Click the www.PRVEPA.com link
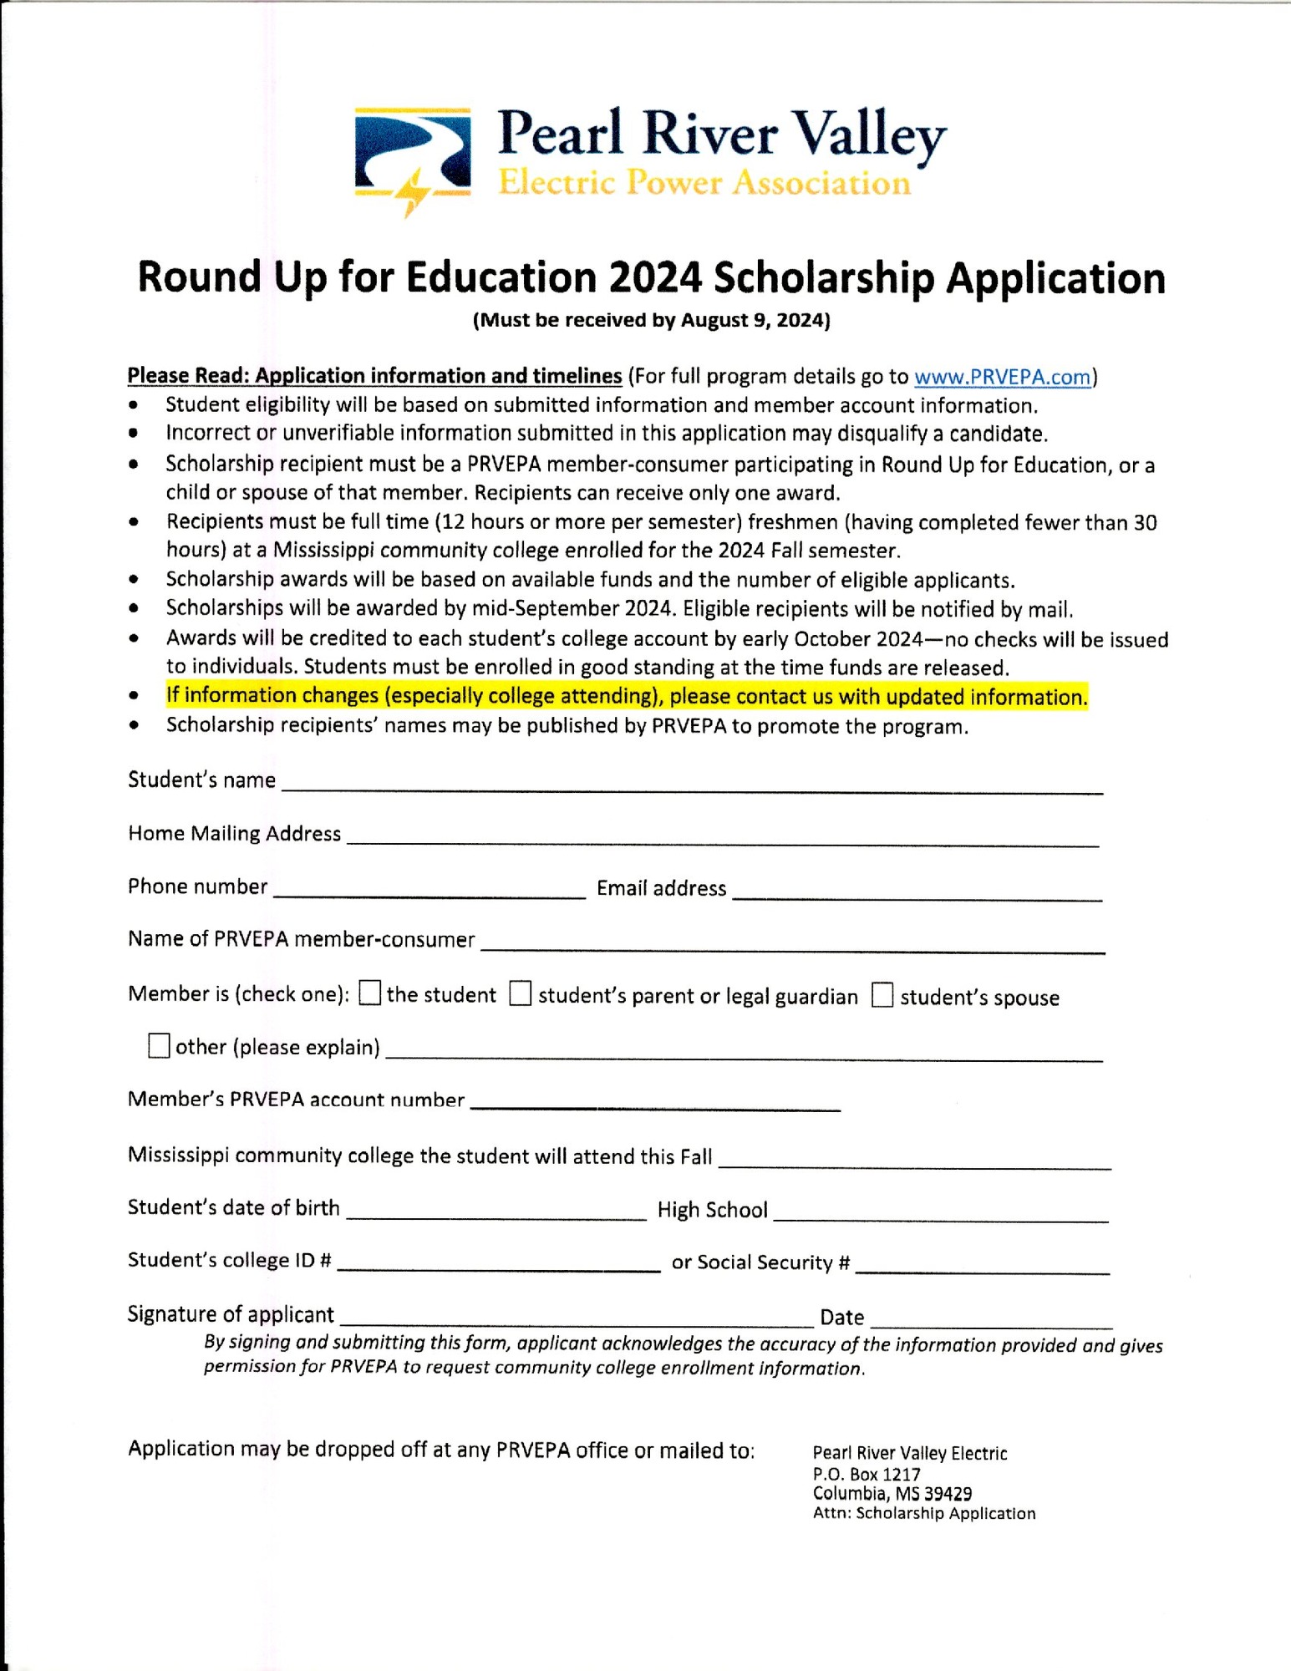tap(1002, 377)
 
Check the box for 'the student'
tap(369, 993)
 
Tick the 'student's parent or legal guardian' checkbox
tap(521, 994)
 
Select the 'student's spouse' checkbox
tap(882, 995)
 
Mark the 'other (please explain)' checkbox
tap(158, 1046)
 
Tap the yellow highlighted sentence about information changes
tap(627, 696)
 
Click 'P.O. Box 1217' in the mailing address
tap(867, 1475)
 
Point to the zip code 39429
tap(947, 1494)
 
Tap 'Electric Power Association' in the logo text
tap(704, 182)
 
